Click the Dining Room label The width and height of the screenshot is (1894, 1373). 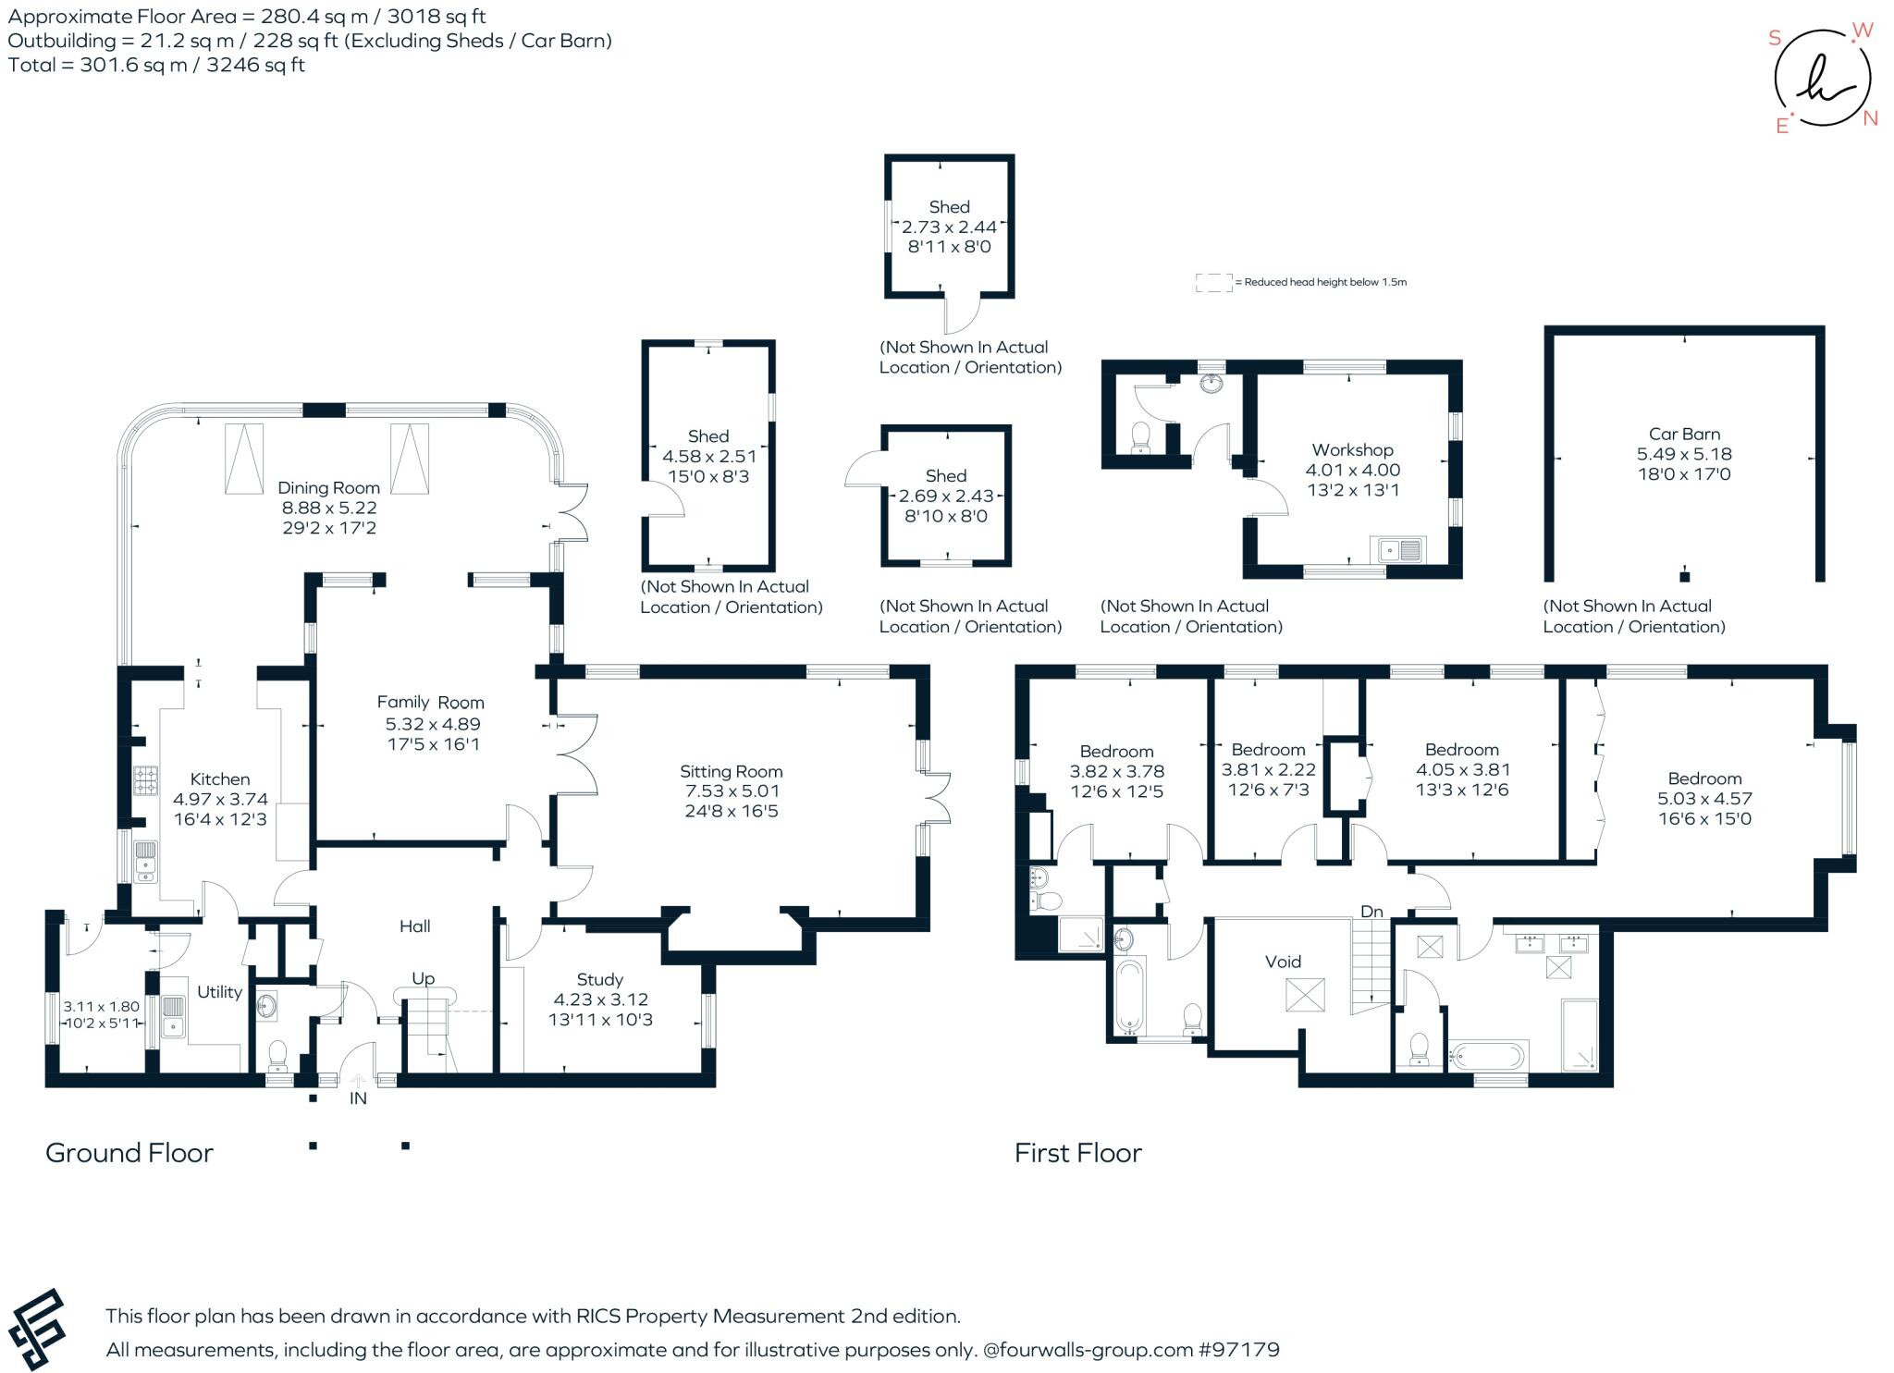pyautogui.click(x=328, y=487)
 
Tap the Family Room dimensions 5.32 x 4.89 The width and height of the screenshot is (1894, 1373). pyautogui.click(x=433, y=724)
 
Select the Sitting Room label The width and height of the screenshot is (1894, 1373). pyautogui.click(x=731, y=771)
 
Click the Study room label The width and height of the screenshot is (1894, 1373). pyautogui.click(x=599, y=979)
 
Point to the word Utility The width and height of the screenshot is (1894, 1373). pyautogui.click(x=219, y=992)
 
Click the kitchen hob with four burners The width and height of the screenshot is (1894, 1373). pyautogui.click(x=146, y=781)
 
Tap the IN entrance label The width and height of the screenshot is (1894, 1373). pyautogui.click(x=358, y=1098)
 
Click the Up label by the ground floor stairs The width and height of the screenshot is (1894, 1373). pyautogui.click(x=423, y=978)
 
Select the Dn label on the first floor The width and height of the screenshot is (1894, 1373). pyautogui.click(x=1371, y=912)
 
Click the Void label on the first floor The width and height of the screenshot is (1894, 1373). pyautogui.click(x=1283, y=962)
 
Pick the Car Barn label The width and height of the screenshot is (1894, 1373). pyautogui.click(x=1684, y=434)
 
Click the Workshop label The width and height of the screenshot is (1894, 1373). pyautogui.click(x=1352, y=450)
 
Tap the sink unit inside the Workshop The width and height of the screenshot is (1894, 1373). pyautogui.click(x=1400, y=550)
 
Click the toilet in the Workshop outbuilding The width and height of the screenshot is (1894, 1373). pyautogui.click(x=1140, y=436)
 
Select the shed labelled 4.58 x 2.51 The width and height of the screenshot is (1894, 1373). pyautogui.click(x=708, y=456)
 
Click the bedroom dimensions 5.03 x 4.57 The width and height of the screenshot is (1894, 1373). pyautogui.click(x=1704, y=798)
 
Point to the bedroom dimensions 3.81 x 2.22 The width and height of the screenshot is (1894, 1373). pyautogui.click(x=1268, y=769)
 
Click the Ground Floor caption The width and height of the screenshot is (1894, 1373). pyautogui.click(x=129, y=1153)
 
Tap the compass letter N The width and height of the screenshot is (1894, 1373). pyautogui.click(x=1870, y=118)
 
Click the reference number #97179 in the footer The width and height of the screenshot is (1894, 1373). pyautogui.click(x=1239, y=1350)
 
